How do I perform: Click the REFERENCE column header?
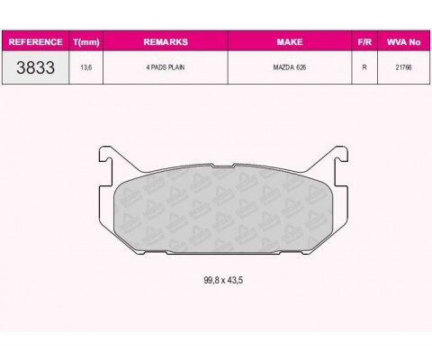[x=35, y=41]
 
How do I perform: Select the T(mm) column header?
[x=86, y=42]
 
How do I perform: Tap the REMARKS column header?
[x=166, y=41]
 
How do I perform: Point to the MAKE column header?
[x=290, y=41]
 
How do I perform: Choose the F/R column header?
[x=364, y=41]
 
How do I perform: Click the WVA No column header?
[x=403, y=41]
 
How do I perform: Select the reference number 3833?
[x=35, y=67]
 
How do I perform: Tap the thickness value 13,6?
[x=86, y=67]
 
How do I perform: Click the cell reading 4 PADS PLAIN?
[x=166, y=67]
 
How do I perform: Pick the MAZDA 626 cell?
[x=290, y=67]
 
